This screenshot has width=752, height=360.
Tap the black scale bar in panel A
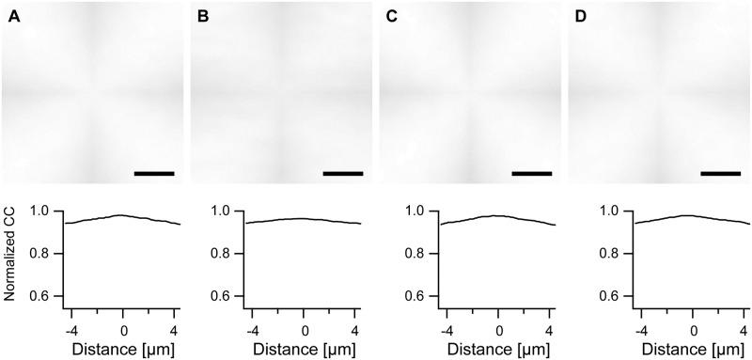coord(154,173)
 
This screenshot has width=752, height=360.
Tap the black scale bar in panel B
coord(342,173)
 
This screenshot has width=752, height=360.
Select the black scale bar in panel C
coord(532,173)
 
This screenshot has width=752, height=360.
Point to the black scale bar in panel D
coord(721,173)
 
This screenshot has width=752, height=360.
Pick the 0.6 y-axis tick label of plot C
coord(421,296)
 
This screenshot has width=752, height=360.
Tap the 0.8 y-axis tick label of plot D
coord(612,254)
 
